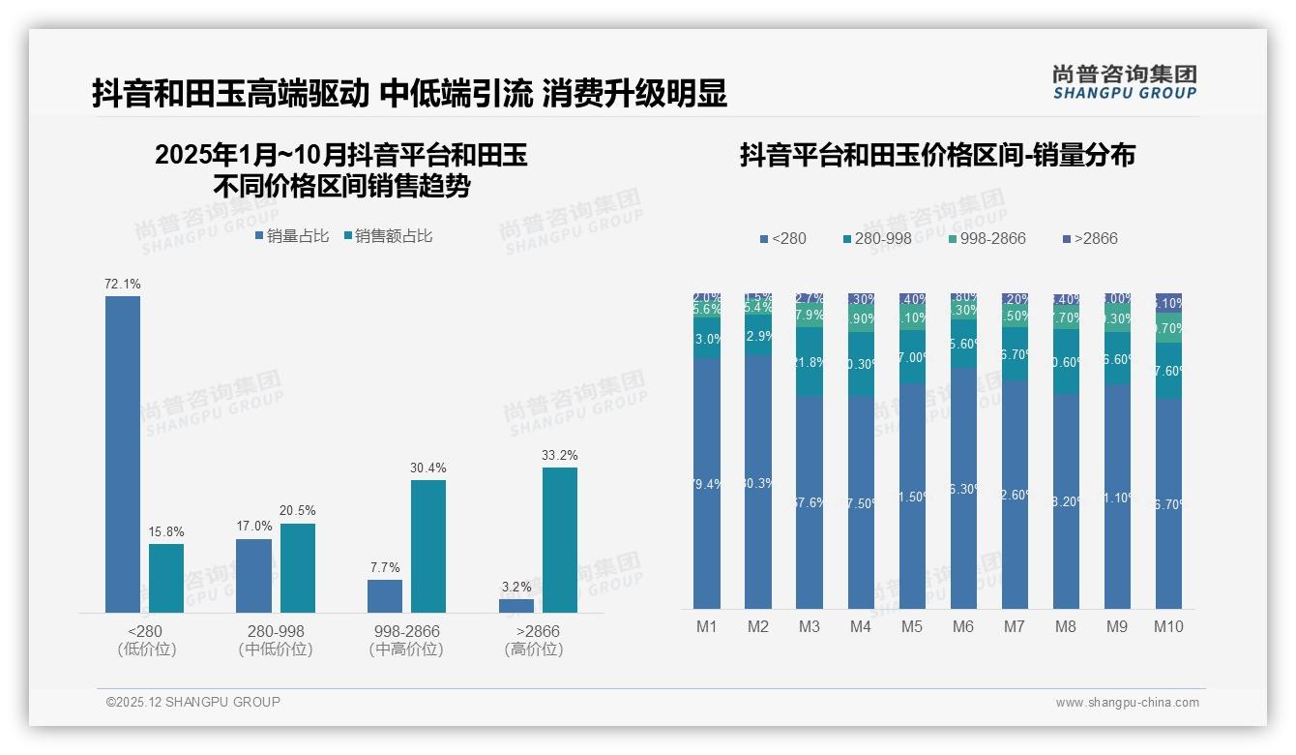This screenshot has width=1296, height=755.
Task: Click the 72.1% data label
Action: (123, 284)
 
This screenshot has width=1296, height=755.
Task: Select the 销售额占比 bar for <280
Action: (166, 578)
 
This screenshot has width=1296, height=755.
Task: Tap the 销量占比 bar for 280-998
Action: (253, 575)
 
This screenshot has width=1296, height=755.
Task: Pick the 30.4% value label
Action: (427, 468)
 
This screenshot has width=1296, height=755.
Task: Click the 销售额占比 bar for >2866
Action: (559, 540)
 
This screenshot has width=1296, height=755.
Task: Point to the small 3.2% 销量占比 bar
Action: (516, 605)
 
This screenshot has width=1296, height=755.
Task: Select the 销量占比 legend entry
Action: (292, 235)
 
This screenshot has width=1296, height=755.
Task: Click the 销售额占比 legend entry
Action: (388, 235)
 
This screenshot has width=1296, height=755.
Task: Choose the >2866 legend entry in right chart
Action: (1090, 238)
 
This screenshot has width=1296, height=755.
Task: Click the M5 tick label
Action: (911, 626)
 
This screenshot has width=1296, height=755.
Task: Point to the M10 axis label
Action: (1168, 626)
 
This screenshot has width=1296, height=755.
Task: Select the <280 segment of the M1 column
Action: (707, 484)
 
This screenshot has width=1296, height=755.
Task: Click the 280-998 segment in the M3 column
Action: (810, 361)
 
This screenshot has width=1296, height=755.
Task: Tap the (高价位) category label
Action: (534, 649)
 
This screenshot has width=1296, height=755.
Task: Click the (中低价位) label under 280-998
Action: (276, 649)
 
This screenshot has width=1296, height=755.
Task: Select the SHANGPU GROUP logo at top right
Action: (1125, 82)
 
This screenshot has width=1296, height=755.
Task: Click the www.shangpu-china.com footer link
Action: (1127, 703)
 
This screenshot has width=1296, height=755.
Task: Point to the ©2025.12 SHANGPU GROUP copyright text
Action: (193, 702)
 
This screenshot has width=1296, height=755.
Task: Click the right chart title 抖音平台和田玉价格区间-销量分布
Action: (937, 155)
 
